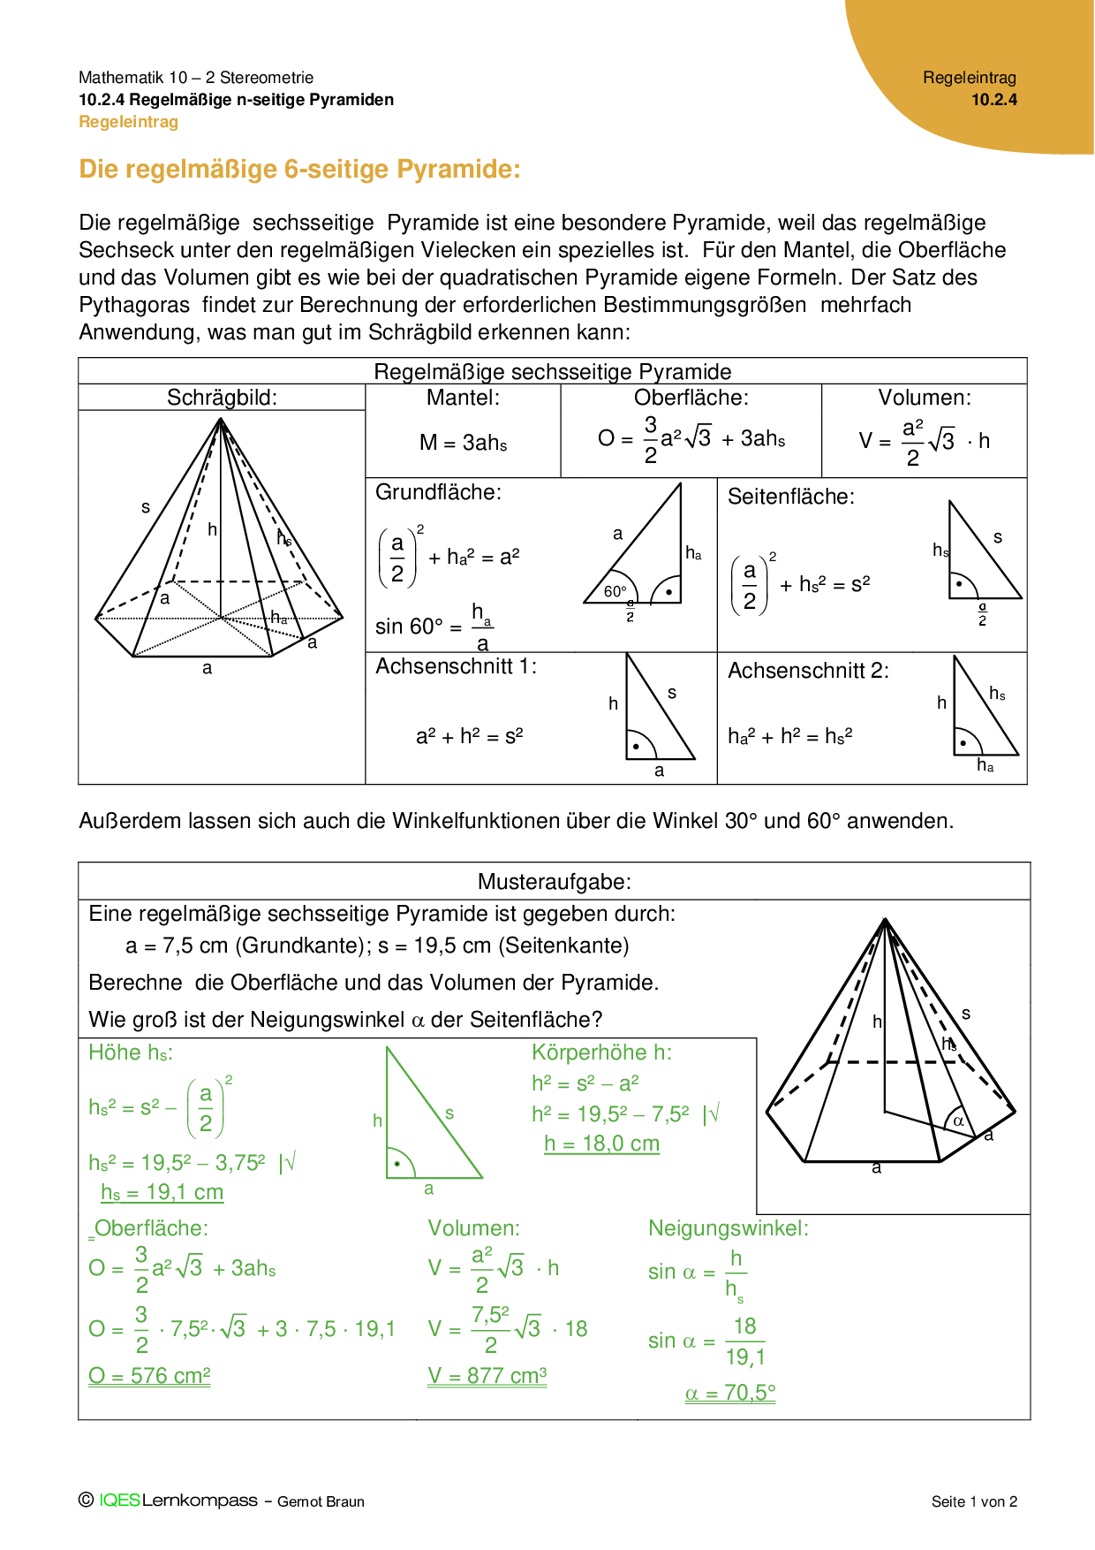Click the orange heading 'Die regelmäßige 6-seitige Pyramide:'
pyautogui.click(x=299, y=169)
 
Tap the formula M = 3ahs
pyautogui.click(x=463, y=443)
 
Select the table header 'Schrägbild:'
pyautogui.click(x=222, y=398)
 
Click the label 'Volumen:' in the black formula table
pyautogui.click(x=924, y=398)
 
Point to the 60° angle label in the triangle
pyautogui.click(x=615, y=591)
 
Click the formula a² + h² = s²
pyautogui.click(x=469, y=736)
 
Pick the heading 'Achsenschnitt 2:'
pyautogui.click(x=808, y=671)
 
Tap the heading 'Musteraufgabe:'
pyautogui.click(x=554, y=881)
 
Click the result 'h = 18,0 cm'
pyautogui.click(x=601, y=1144)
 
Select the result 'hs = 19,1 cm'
pyautogui.click(x=162, y=1192)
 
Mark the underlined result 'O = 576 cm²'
pyautogui.click(x=149, y=1376)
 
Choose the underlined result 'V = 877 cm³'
pyautogui.click(x=487, y=1376)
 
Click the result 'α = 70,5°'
pyautogui.click(x=730, y=1393)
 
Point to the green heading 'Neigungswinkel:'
pyautogui.click(x=728, y=1228)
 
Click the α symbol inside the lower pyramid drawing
pyautogui.click(x=958, y=1121)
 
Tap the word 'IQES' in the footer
pyautogui.click(x=119, y=1501)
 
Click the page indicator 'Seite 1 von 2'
pyautogui.click(x=974, y=1501)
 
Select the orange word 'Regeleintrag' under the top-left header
pyautogui.click(x=128, y=122)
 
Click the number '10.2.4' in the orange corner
pyautogui.click(x=993, y=100)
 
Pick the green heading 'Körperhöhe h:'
pyautogui.click(x=601, y=1052)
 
